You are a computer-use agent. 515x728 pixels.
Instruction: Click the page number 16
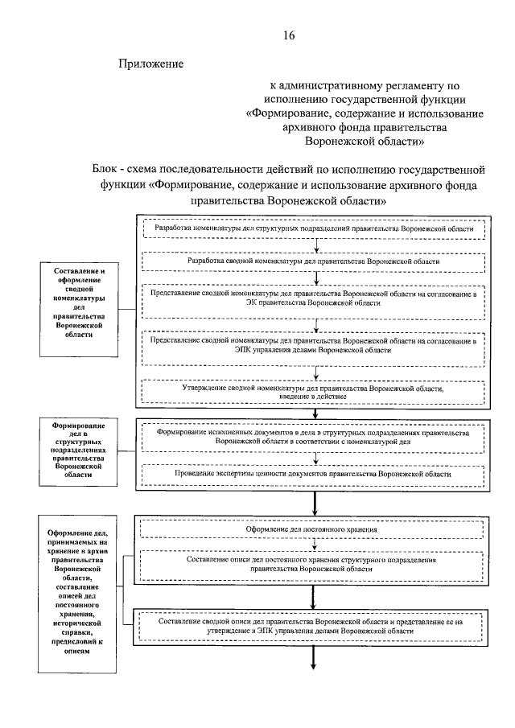[290, 35]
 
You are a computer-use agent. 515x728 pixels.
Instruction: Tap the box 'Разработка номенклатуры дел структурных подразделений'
[315, 229]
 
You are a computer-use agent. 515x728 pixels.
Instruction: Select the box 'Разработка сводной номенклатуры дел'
[315, 261]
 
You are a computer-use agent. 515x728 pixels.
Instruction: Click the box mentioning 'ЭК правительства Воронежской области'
[315, 299]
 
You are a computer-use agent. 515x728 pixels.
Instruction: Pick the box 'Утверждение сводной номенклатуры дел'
[315, 391]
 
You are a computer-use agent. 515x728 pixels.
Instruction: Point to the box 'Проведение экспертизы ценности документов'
[315, 475]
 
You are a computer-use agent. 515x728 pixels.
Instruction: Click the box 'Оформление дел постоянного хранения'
[315, 529]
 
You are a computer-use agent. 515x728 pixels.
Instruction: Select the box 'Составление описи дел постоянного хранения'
[315, 563]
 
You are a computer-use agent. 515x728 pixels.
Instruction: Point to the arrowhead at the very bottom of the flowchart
[315, 664]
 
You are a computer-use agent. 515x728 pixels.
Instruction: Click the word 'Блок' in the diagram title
[106, 170]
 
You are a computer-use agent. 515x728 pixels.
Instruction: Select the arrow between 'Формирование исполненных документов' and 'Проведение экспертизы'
[315, 459]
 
